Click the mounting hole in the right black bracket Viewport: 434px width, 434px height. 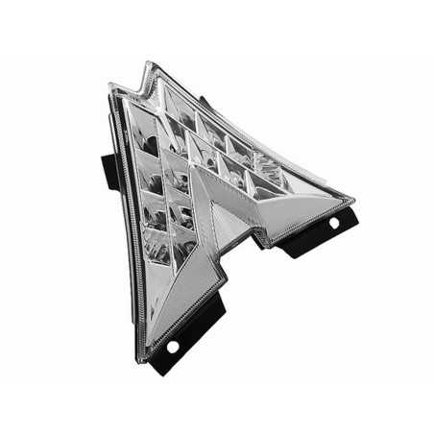point(333,222)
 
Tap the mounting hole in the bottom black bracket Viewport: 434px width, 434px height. point(173,346)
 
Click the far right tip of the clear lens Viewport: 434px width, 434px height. point(353,203)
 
